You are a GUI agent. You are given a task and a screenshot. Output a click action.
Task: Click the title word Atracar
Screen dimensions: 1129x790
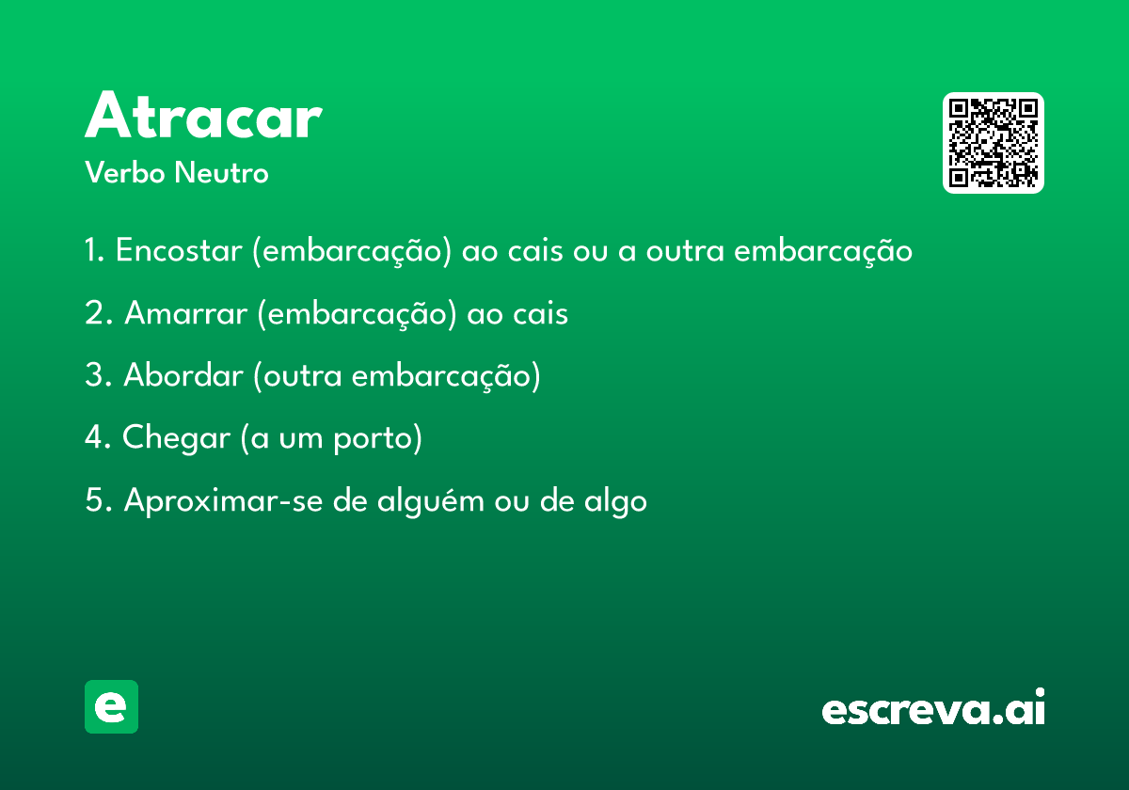tap(203, 115)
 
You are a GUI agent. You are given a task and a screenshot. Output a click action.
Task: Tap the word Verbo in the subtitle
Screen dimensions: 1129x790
tap(125, 172)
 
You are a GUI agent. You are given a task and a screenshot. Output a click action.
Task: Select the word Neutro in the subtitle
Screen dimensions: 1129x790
tap(221, 172)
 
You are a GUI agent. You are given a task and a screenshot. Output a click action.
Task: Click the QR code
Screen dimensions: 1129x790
tap(993, 143)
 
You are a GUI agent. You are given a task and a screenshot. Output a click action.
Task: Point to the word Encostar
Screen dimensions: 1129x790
tap(179, 250)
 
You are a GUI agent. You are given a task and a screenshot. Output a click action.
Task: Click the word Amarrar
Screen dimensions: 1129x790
tap(185, 313)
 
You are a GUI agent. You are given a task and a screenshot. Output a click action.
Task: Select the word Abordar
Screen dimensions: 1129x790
tap(183, 375)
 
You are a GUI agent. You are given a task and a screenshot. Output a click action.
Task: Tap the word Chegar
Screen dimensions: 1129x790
tap(176, 438)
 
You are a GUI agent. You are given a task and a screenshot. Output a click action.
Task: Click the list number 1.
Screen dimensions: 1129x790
tap(94, 250)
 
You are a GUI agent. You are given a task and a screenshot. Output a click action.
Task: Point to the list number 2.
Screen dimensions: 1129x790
tap(99, 313)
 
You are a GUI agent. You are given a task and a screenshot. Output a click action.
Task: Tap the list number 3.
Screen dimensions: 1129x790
tap(99, 375)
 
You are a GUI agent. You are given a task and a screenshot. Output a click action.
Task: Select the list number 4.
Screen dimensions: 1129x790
tap(98, 436)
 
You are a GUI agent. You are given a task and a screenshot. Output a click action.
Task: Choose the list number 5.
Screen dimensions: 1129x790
tap(99, 499)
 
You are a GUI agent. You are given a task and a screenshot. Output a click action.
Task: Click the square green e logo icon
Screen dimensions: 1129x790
tap(111, 706)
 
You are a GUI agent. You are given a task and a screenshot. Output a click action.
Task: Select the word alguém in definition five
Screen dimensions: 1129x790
tap(431, 501)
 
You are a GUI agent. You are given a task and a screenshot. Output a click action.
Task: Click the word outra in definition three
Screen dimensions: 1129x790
tap(303, 376)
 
